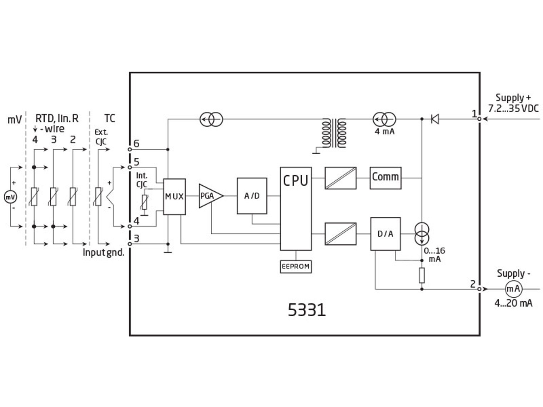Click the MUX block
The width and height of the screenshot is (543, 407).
(x=174, y=196)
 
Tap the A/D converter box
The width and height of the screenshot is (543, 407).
(x=252, y=196)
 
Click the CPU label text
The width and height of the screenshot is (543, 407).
(x=295, y=181)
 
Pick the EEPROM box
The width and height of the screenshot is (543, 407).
(x=295, y=266)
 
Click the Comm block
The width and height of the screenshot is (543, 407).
(x=385, y=177)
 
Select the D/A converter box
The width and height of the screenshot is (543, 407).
(x=385, y=234)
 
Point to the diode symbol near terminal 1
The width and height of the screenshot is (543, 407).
(x=435, y=119)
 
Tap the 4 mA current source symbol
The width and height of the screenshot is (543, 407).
(x=384, y=119)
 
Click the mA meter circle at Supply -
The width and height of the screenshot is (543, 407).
(x=513, y=288)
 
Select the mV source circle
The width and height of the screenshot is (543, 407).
(x=10, y=197)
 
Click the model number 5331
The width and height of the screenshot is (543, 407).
(x=307, y=310)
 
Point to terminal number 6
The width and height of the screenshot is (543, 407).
(x=136, y=144)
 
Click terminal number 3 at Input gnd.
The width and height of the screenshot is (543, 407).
(x=136, y=238)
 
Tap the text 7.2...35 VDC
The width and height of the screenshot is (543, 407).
(x=513, y=108)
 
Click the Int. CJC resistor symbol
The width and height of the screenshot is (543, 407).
(x=144, y=202)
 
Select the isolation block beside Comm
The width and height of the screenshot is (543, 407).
(x=340, y=178)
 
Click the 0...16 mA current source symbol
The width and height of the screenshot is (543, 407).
(x=422, y=233)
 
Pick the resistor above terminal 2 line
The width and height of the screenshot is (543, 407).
(x=422, y=275)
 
